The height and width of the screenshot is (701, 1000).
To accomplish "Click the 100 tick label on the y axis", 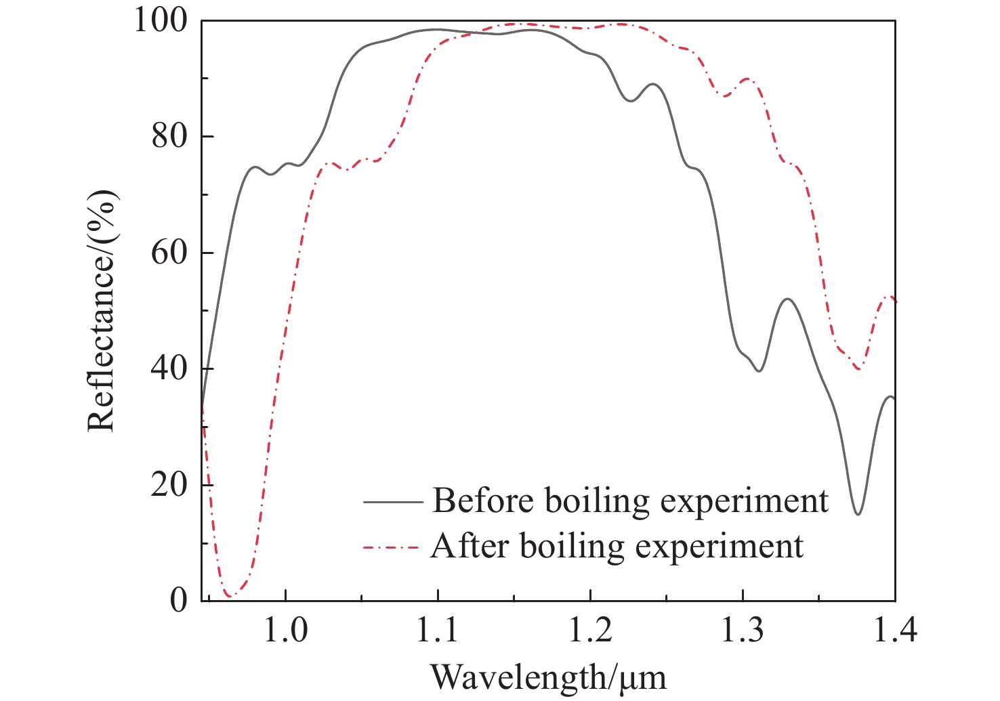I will [159, 20].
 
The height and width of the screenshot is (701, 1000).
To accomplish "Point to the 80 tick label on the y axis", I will [169, 136].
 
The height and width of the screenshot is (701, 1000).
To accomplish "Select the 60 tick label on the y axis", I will [169, 253].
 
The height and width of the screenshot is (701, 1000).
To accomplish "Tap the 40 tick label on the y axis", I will [169, 369].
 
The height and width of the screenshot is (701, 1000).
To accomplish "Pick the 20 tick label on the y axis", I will [169, 486].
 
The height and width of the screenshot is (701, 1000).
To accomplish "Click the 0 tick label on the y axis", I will [178, 601].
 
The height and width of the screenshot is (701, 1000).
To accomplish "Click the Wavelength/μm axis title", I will [548, 677].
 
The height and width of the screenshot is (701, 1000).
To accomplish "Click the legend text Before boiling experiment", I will [630, 501].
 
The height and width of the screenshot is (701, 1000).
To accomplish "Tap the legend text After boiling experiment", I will [617, 546].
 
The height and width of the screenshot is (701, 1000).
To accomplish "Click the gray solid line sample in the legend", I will [394, 502].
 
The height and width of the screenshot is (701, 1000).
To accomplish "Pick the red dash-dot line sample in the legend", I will [394, 547].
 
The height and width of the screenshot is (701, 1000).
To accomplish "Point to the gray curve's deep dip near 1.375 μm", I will [858, 514].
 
